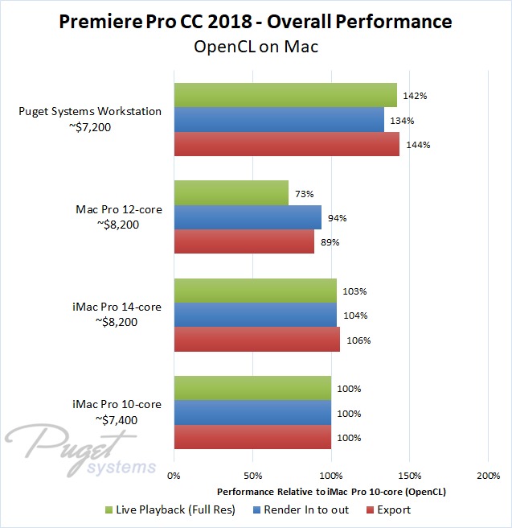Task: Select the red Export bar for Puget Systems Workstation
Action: coord(287,145)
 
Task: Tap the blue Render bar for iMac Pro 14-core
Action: coord(256,316)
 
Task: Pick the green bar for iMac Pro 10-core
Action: coord(252,388)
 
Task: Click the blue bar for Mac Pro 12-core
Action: coord(248,217)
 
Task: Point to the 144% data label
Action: coord(419,146)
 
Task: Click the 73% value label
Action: coord(304,194)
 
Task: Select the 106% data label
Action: coord(358,340)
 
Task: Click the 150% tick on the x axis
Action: coord(409,476)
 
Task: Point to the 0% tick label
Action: coord(174,476)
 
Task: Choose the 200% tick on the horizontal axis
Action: coord(488,476)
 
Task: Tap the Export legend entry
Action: coord(388,509)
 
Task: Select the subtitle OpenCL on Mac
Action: coord(256,46)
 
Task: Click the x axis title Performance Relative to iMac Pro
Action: coord(330,491)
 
